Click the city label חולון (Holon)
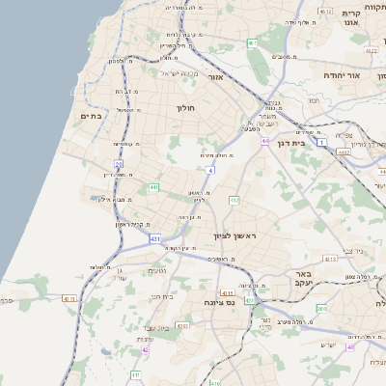(185, 108)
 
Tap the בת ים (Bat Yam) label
(92, 117)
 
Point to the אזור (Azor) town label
(216, 77)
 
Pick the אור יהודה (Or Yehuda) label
(368, 75)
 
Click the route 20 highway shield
(119, 165)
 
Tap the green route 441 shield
(154, 186)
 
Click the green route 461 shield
(253, 44)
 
